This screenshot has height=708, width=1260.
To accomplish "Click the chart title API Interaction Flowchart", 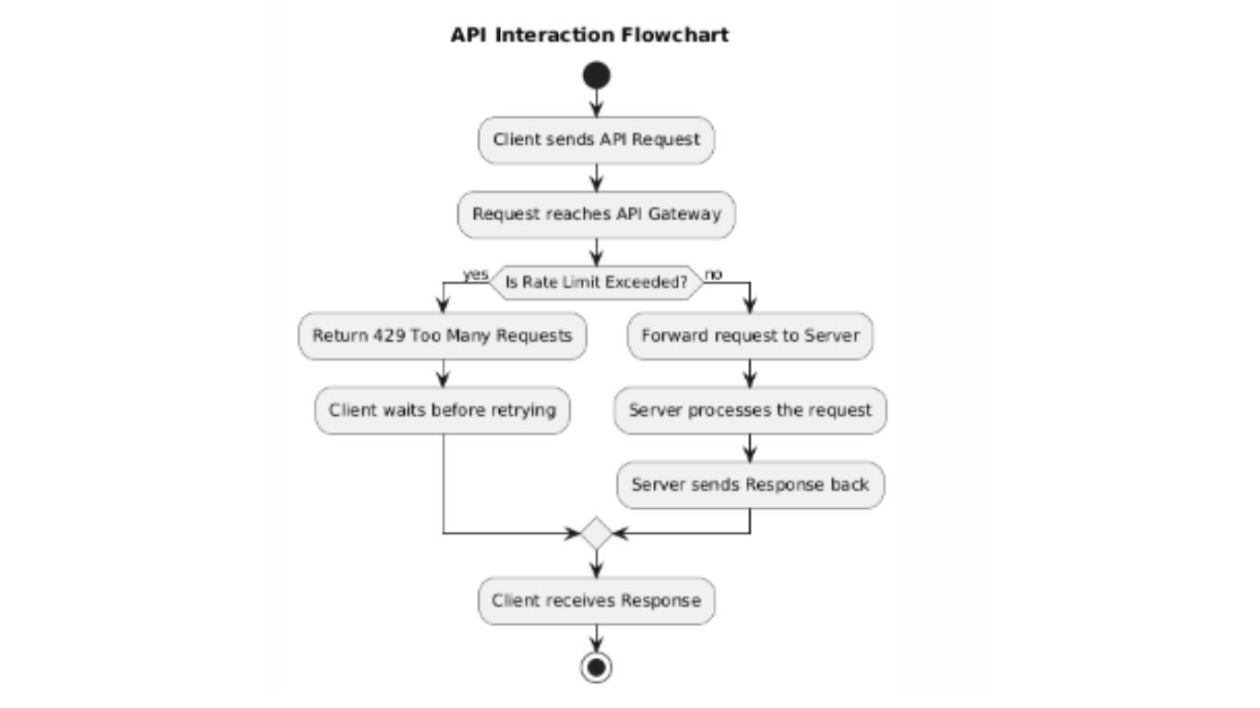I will [589, 35].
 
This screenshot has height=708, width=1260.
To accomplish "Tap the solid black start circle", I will [597, 75].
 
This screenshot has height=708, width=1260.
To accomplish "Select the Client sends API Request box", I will [596, 140].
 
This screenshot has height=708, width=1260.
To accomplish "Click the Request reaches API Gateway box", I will [596, 214].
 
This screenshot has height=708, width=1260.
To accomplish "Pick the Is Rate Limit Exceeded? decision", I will [596, 282].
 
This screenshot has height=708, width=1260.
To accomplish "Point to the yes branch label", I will [475, 274].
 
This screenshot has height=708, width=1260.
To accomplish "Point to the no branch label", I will [713, 274].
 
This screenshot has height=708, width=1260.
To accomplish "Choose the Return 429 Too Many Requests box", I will [442, 336].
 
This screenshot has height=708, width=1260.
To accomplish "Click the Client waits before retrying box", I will [442, 409].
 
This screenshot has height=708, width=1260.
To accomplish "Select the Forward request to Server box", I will [750, 336].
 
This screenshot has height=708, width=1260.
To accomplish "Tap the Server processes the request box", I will [750, 409].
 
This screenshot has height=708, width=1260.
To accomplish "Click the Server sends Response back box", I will [750, 484].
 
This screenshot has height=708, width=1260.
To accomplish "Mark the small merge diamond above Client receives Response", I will [596, 533].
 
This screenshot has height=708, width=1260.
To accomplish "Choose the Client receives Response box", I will [596, 601].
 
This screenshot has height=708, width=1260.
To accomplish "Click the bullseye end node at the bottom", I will [597, 666].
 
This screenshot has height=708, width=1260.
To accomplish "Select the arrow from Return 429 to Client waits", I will [444, 373].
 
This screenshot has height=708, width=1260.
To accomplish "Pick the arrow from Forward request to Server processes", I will [750, 373].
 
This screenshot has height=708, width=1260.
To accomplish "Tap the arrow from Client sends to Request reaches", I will [597, 177].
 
